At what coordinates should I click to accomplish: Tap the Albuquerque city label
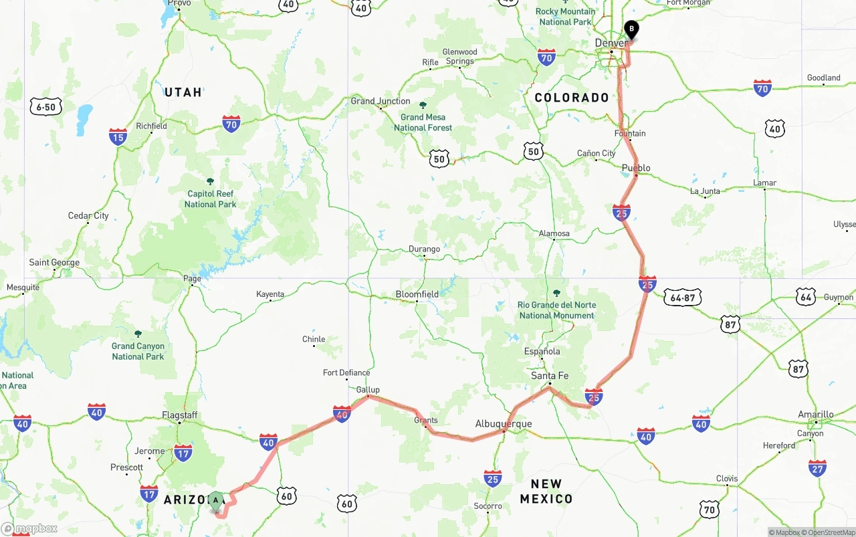point(504,424)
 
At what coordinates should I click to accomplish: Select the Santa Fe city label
point(550,377)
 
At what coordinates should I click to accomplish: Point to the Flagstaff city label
point(180,415)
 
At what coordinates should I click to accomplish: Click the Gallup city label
point(368,390)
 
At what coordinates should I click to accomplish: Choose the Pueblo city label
point(636,168)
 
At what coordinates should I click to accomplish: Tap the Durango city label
point(425,249)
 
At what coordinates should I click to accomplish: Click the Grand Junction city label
point(381,102)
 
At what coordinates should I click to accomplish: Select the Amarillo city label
point(816,415)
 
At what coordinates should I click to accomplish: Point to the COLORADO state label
point(572,98)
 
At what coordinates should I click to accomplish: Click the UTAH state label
point(183,92)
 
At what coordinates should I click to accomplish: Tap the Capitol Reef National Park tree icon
point(210,181)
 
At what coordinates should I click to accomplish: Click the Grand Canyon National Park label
point(138,351)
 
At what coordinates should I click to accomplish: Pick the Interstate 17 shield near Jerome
point(183,453)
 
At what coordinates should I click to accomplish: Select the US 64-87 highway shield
point(682,298)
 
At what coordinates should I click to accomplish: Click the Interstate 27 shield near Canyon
point(817,467)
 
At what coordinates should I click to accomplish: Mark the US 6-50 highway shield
point(45,106)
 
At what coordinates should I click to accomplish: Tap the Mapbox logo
point(29,529)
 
